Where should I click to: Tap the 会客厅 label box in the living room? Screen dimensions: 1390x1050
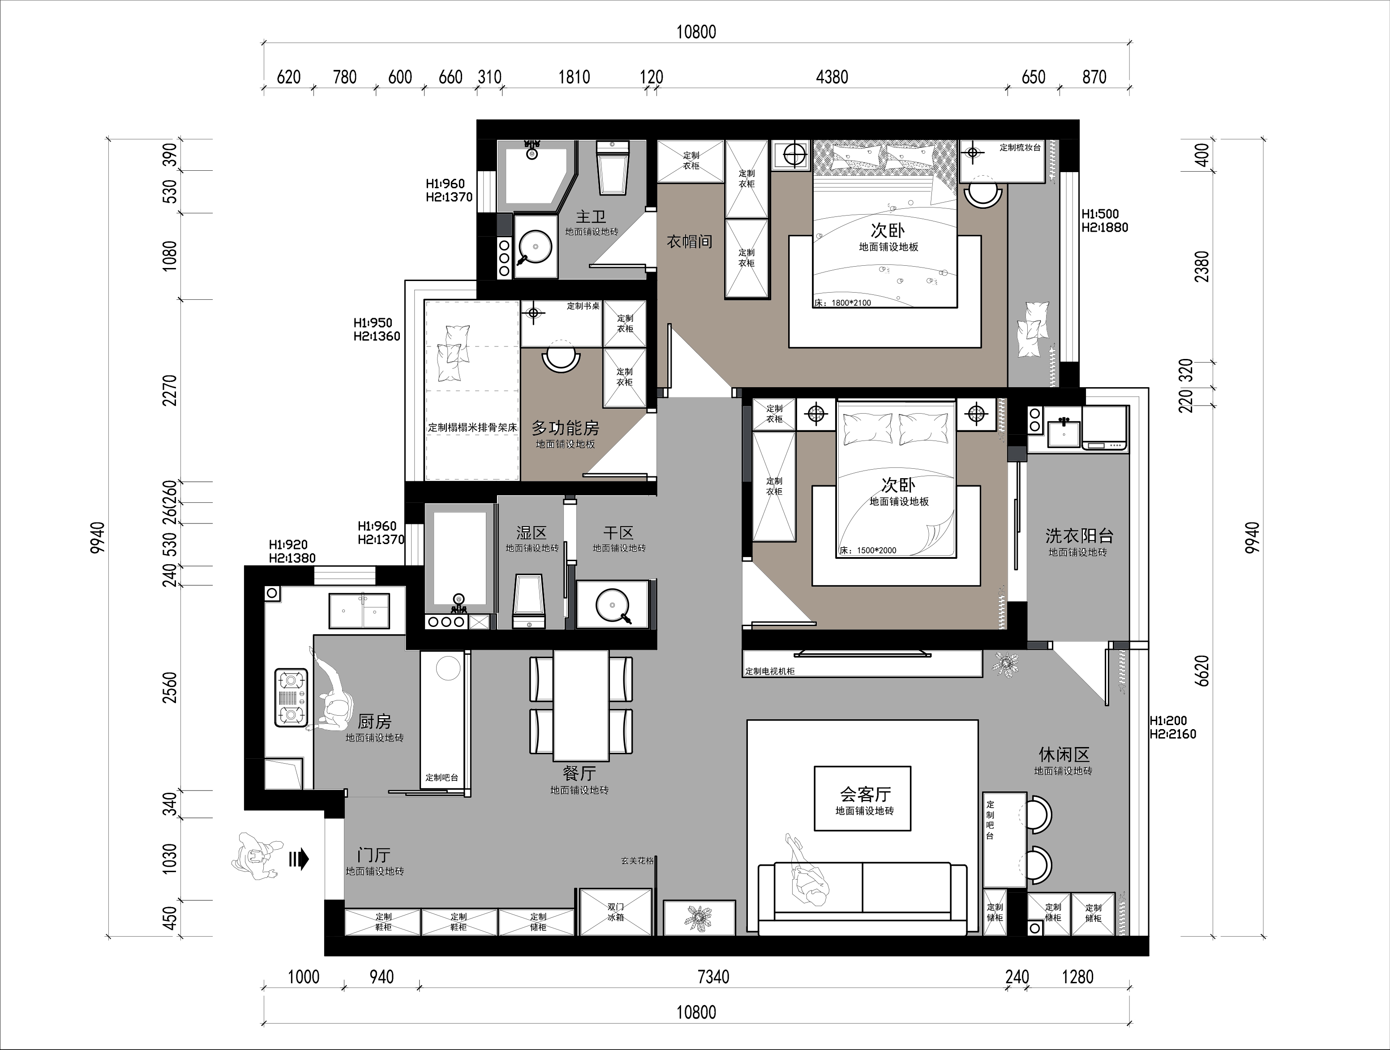tap(862, 799)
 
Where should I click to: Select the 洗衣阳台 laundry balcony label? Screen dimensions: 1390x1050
tap(1079, 536)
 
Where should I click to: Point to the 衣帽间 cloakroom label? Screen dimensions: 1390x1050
tap(689, 242)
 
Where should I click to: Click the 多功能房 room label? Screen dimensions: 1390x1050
tap(566, 428)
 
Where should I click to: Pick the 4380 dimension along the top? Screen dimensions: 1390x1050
tap(832, 78)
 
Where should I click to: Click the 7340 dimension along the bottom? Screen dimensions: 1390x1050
tap(713, 977)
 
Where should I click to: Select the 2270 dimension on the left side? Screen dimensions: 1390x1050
tap(170, 390)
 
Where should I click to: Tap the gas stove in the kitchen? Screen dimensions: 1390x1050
tap(292, 697)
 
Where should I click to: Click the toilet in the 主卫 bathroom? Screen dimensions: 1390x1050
tap(613, 168)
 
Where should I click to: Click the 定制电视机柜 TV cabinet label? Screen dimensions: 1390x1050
tap(770, 671)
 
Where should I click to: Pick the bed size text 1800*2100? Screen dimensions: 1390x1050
tap(851, 303)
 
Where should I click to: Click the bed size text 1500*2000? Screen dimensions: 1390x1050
tap(877, 551)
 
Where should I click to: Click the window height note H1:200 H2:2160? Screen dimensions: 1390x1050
tap(1172, 727)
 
